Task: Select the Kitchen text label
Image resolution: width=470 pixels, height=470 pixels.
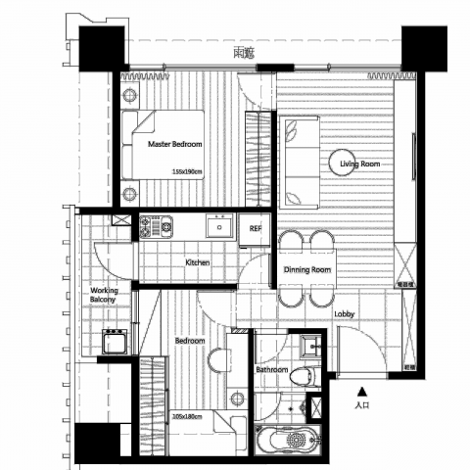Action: (x=199, y=262)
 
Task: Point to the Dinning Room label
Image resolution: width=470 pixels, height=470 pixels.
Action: (x=306, y=269)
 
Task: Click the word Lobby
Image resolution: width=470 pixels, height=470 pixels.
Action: (x=344, y=314)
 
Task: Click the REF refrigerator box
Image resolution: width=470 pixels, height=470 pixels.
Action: (x=255, y=228)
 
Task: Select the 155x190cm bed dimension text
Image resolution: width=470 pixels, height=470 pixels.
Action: (x=186, y=171)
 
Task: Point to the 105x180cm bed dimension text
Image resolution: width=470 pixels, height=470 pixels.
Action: (x=186, y=416)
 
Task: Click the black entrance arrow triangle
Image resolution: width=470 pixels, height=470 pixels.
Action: (x=361, y=389)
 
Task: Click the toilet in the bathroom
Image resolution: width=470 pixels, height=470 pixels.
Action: (x=305, y=375)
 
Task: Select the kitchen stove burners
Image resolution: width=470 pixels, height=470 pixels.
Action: (x=155, y=227)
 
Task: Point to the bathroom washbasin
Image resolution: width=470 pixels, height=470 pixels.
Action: (x=311, y=346)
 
